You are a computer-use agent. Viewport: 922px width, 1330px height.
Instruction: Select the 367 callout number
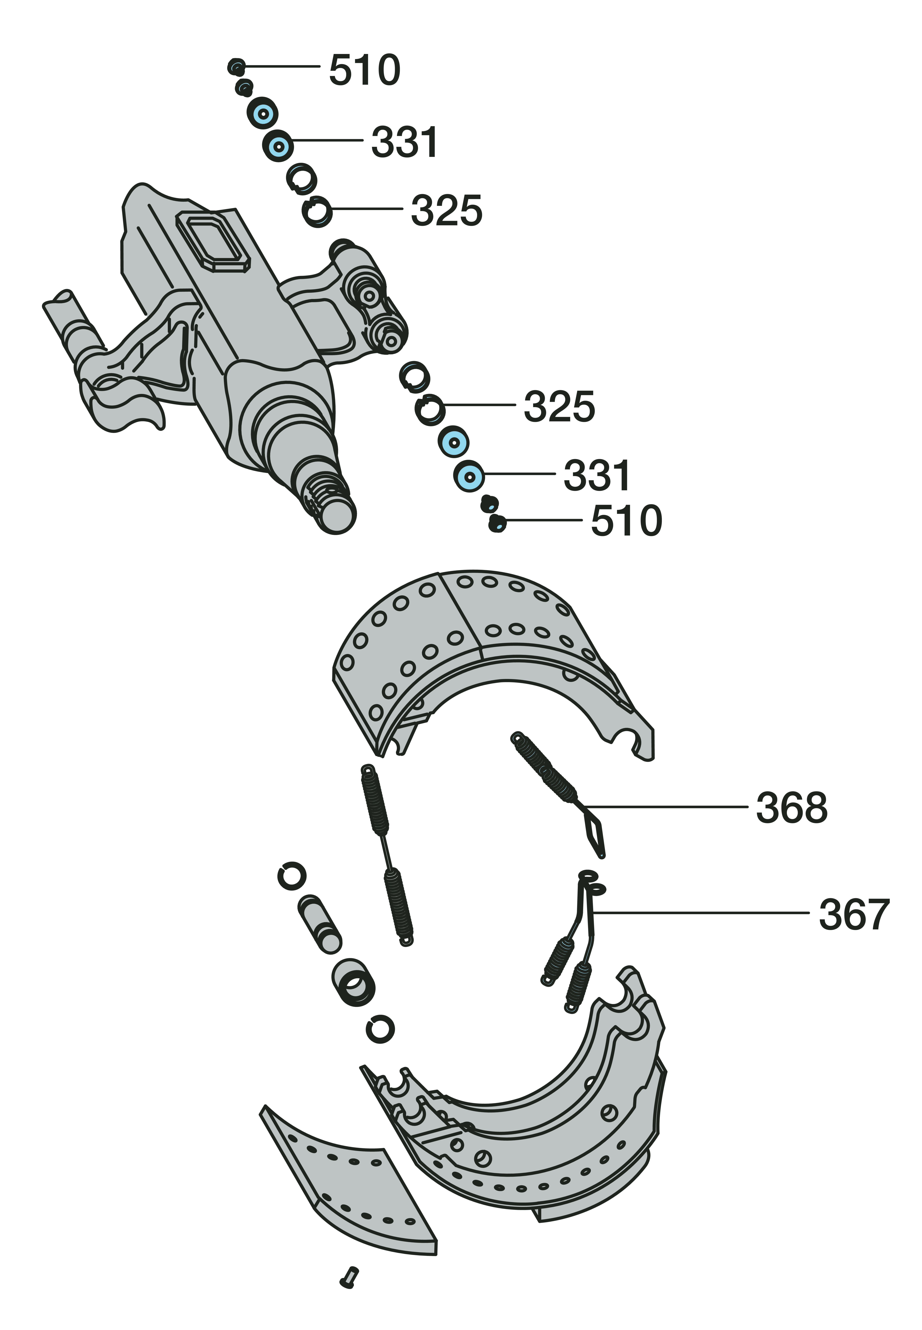point(854,914)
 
